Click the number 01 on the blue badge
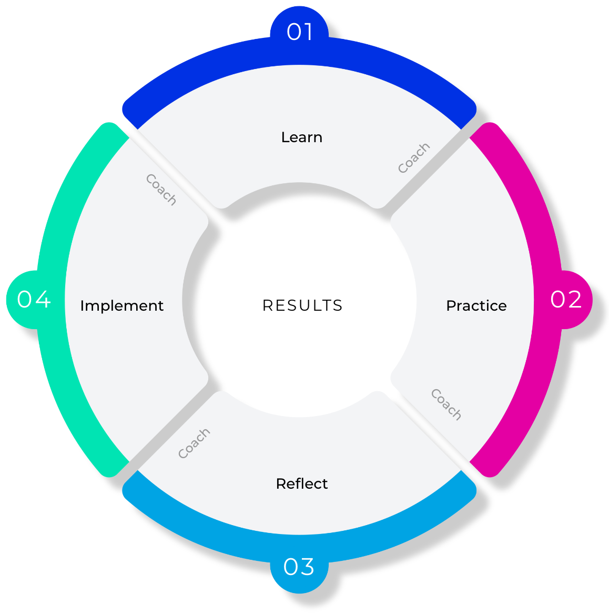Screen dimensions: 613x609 [x=300, y=32]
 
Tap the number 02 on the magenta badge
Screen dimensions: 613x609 [x=566, y=300]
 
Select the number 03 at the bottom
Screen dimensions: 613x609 [x=299, y=567]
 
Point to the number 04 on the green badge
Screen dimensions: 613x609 [x=34, y=300]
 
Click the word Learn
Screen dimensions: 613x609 [x=301, y=137]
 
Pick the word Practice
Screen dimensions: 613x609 [x=476, y=306]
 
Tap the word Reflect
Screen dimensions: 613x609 [x=301, y=483]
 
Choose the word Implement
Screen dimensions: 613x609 [x=121, y=306]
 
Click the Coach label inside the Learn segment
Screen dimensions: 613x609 [x=414, y=157]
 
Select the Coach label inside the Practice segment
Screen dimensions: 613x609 [x=446, y=404]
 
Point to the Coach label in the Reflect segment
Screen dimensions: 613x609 [x=194, y=443]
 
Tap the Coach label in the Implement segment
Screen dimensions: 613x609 [x=161, y=189]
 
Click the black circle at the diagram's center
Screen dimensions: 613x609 [x=299, y=300]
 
